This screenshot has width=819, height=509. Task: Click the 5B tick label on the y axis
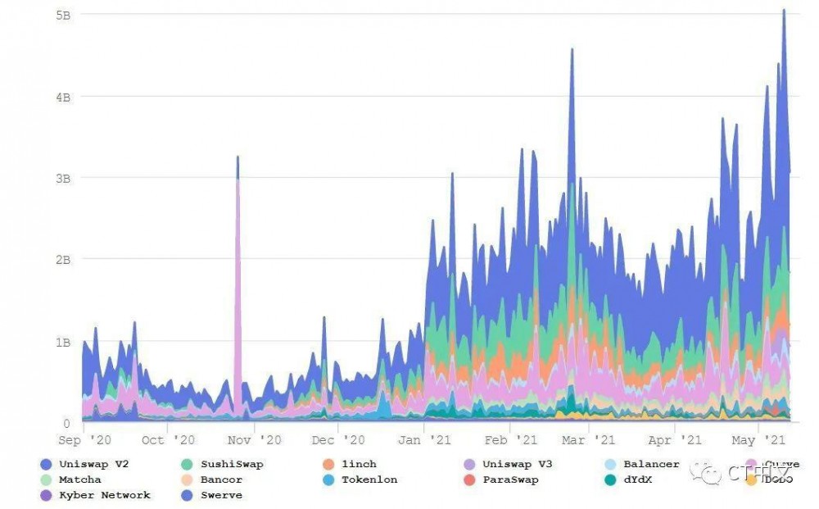click(x=63, y=15)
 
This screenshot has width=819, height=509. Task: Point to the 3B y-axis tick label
click(x=63, y=178)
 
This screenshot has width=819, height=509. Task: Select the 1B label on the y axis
click(x=63, y=342)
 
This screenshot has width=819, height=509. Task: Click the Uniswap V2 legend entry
click(x=93, y=464)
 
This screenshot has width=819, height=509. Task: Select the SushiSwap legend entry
click(x=231, y=464)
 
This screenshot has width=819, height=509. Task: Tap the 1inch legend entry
click(x=358, y=464)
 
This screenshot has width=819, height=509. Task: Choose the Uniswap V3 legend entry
click(x=516, y=464)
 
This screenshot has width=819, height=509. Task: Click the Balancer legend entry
click(x=650, y=464)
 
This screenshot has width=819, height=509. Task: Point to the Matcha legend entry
click(x=79, y=479)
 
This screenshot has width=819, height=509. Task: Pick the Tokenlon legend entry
click(x=369, y=479)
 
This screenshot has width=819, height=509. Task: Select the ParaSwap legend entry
click(x=509, y=479)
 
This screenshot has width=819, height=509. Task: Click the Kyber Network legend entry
click(x=103, y=495)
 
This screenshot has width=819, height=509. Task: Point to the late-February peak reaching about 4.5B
click(x=572, y=49)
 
